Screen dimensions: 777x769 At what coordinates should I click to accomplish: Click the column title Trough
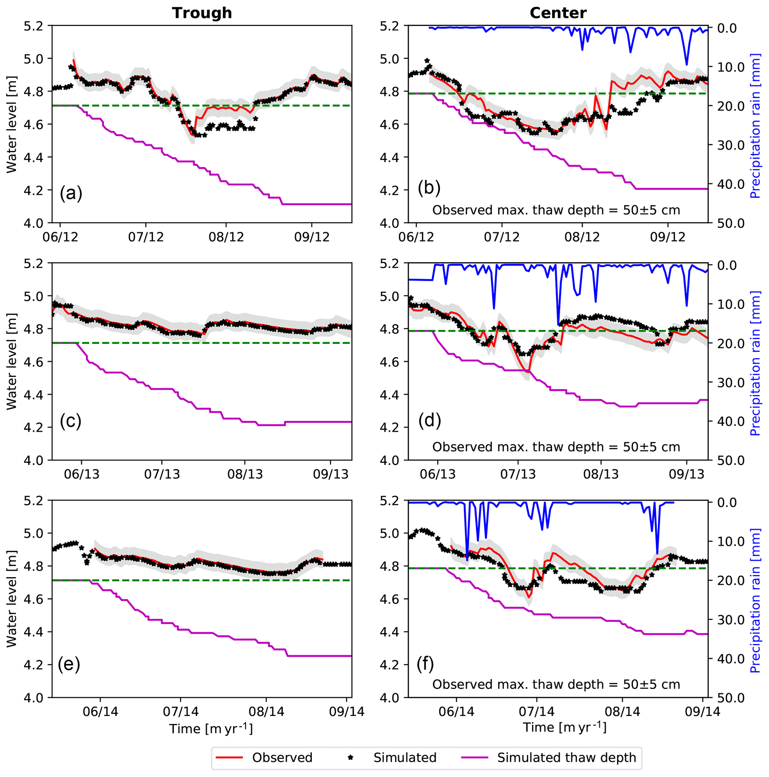(x=202, y=13)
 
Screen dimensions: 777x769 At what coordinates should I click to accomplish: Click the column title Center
(x=558, y=13)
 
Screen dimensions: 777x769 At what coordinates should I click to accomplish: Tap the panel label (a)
(x=71, y=193)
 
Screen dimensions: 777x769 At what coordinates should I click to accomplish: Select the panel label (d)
(x=429, y=421)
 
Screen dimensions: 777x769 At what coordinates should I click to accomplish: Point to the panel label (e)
(x=69, y=664)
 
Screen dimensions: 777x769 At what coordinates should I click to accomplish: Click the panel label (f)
(x=426, y=664)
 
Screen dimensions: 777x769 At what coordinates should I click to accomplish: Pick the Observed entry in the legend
(x=282, y=758)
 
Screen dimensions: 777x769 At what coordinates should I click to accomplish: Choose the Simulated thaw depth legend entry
(x=567, y=758)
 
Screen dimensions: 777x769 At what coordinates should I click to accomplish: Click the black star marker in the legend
(x=351, y=758)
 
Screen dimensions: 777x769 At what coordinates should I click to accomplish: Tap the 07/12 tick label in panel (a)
(x=146, y=237)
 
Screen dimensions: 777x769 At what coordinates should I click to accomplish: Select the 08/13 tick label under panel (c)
(x=245, y=474)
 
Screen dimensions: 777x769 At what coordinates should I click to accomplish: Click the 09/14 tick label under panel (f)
(x=703, y=712)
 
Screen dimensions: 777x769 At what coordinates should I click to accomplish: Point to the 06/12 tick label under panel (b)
(x=416, y=237)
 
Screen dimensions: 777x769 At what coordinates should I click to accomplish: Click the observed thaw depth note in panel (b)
(x=556, y=210)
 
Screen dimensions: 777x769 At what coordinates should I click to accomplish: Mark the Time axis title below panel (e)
(x=211, y=729)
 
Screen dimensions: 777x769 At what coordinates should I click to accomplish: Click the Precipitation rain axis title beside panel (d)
(x=755, y=363)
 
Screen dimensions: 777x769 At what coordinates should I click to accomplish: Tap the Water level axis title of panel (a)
(x=12, y=125)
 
